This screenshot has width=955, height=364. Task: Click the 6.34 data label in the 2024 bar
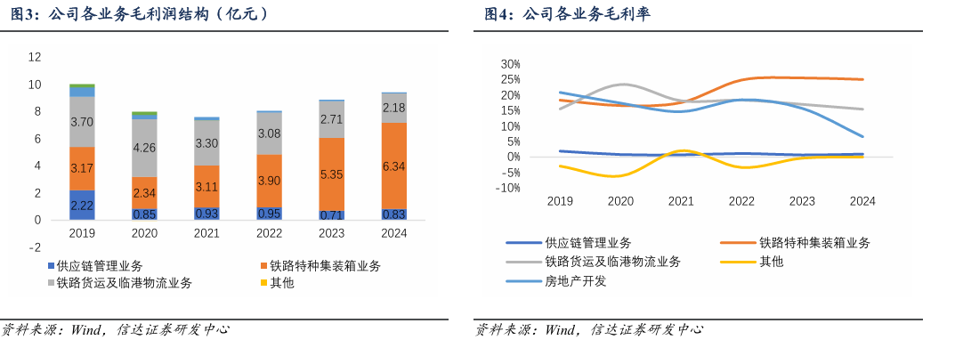tap(394, 166)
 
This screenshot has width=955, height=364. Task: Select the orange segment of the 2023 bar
tap(332, 174)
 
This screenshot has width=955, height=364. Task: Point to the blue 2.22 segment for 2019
tap(82, 205)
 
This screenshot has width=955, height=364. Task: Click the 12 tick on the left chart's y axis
tap(36, 57)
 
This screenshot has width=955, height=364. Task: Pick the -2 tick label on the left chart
tap(36, 247)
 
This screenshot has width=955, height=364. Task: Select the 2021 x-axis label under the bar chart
tap(206, 234)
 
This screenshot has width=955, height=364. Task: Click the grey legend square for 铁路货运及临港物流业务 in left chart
tap(50, 283)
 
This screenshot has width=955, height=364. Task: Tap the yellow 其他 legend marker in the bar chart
tap(263, 283)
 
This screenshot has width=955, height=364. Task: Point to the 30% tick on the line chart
tap(510, 65)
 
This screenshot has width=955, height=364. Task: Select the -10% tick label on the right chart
tap(508, 188)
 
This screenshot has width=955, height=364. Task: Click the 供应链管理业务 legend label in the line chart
tap(588, 242)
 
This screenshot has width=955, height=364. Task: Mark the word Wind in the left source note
tap(86, 330)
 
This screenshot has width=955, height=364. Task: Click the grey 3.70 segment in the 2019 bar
tap(82, 122)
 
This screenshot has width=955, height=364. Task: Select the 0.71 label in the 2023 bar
tap(332, 214)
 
